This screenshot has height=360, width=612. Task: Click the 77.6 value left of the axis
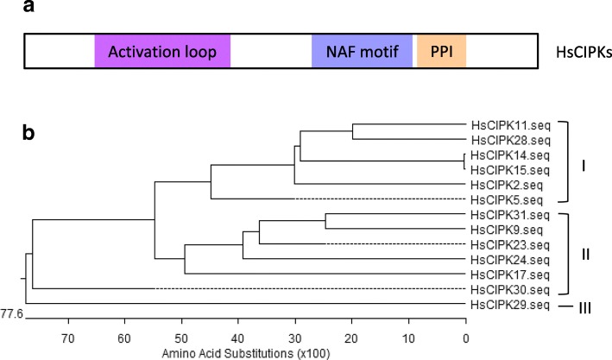pyautogui.click(x=12, y=313)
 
